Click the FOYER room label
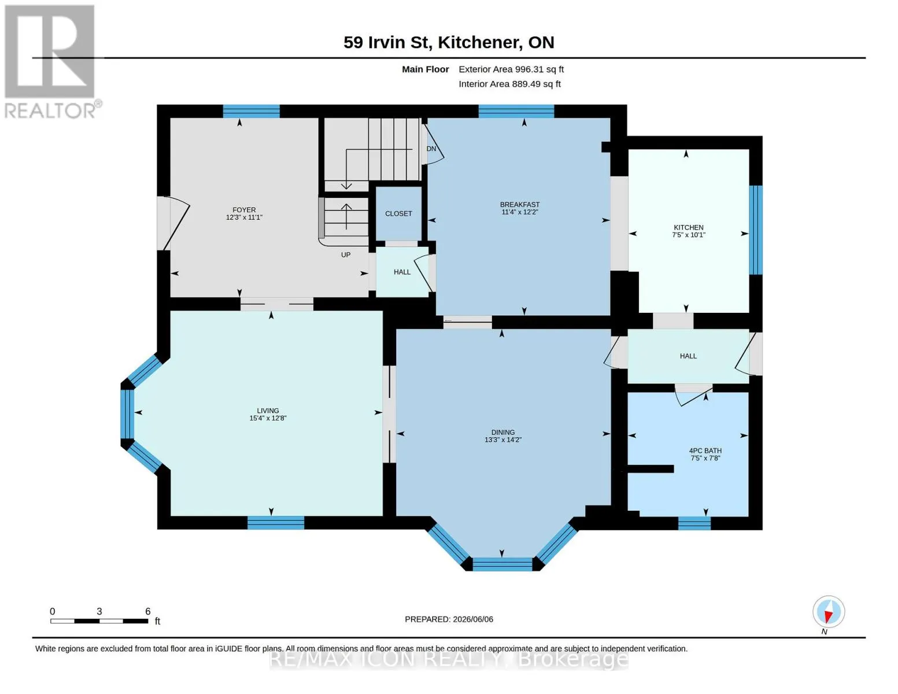[x=244, y=209]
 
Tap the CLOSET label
[x=398, y=214]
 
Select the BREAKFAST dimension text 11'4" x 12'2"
[x=519, y=212]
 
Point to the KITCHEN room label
[x=689, y=227]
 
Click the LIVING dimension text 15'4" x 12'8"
[x=268, y=418]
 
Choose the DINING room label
[x=503, y=433]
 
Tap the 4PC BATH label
[x=705, y=451]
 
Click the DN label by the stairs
[x=431, y=149]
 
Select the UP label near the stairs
[x=346, y=255]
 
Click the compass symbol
[x=829, y=612]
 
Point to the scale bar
[x=99, y=621]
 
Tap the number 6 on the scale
[x=148, y=611]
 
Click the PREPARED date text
[x=449, y=619]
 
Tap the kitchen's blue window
[x=756, y=230]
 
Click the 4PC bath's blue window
[x=694, y=523]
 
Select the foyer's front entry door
[x=173, y=223]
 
